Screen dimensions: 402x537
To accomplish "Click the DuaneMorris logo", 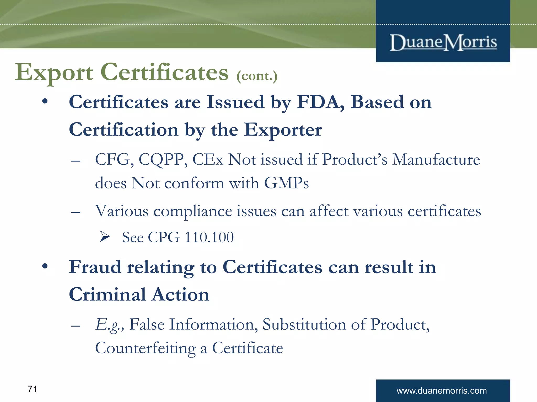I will point(443,42).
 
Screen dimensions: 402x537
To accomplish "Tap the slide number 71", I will point(33,389).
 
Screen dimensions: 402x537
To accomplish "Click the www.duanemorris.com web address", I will point(442,391).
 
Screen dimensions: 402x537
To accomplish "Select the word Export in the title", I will point(53,72).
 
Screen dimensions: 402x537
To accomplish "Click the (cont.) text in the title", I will point(257,76).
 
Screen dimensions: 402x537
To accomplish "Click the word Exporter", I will point(283,130).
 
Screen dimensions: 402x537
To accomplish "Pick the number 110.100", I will point(209,237).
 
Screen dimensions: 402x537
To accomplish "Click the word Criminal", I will point(107,294).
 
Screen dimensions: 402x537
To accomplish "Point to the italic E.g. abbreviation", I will point(109,325).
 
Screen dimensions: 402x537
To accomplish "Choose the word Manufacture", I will point(436,159).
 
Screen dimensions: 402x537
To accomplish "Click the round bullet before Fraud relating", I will point(45,266).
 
